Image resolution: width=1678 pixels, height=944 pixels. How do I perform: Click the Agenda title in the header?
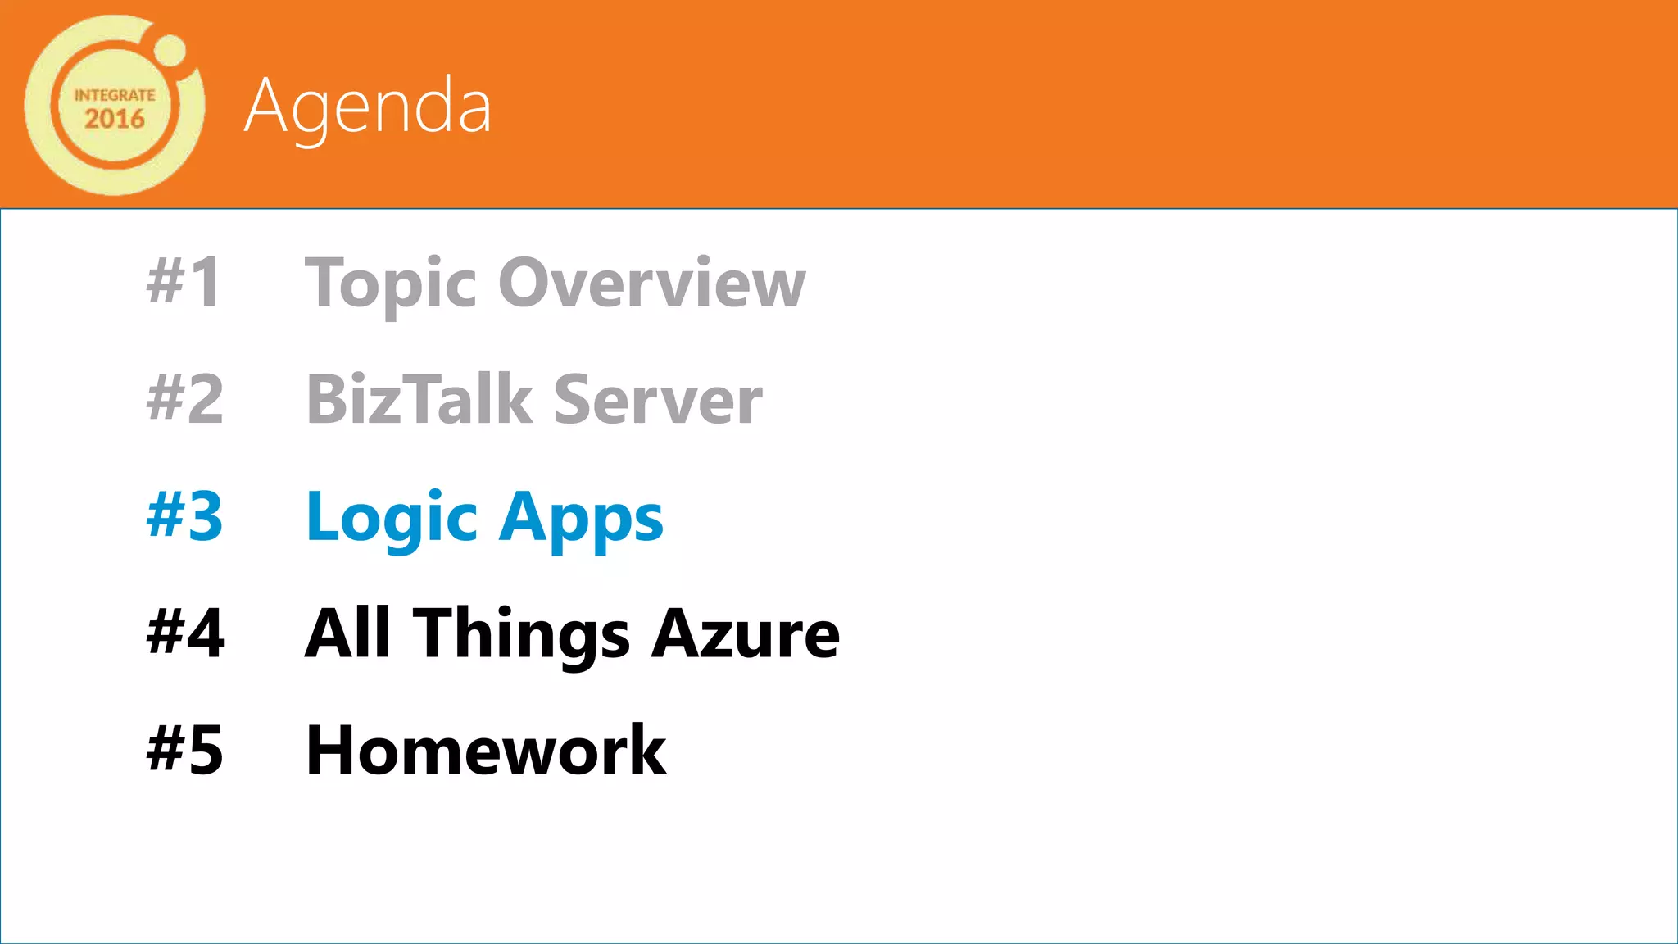point(368,107)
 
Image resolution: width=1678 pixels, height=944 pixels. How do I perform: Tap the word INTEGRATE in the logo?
point(115,95)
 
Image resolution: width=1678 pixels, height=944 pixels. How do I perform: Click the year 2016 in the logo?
point(115,119)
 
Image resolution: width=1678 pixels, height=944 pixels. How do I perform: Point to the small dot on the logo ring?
point(170,50)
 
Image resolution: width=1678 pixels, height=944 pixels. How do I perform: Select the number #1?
point(184,282)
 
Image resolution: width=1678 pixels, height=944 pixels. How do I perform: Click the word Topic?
point(390,284)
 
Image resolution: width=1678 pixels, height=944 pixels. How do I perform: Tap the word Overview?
point(652,282)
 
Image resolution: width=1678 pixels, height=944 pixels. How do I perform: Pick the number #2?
point(184,399)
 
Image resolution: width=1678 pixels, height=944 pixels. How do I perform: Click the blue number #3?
point(184,516)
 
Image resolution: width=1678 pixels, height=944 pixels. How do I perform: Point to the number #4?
point(185,633)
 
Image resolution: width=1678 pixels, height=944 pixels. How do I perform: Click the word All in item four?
point(347,633)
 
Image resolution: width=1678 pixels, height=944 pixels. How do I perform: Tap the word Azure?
point(746,633)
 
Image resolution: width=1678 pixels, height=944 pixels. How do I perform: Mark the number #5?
point(184,750)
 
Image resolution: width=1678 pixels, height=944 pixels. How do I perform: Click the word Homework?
point(486,750)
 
